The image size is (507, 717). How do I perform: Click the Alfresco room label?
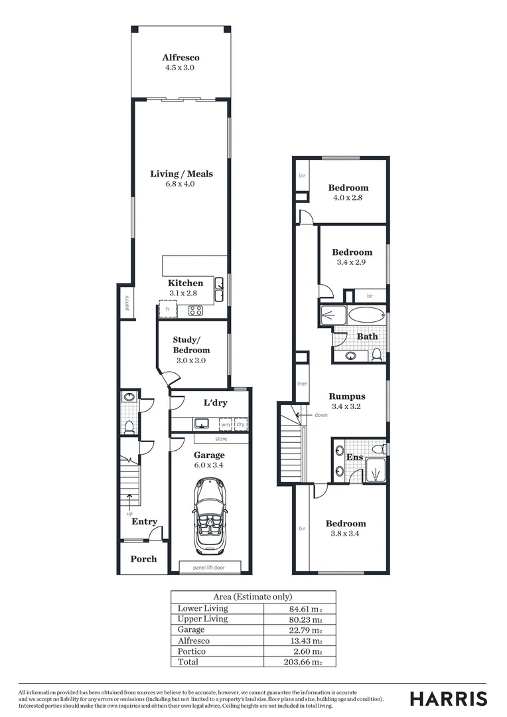(x=181, y=58)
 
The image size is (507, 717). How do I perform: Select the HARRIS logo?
(x=448, y=698)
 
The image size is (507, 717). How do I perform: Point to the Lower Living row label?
(x=202, y=608)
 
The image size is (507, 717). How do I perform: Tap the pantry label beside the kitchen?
(x=126, y=303)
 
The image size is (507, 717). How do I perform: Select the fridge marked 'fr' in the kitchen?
(x=167, y=309)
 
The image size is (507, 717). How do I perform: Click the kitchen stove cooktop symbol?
(x=196, y=310)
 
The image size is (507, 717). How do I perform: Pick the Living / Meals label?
(x=181, y=174)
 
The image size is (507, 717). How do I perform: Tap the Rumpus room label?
(x=347, y=396)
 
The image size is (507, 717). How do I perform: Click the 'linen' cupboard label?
(x=302, y=384)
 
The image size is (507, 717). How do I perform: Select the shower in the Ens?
(x=376, y=471)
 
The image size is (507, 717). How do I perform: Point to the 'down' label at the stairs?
(x=321, y=415)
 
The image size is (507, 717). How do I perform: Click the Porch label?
(x=143, y=559)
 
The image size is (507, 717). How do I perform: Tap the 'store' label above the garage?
(x=221, y=439)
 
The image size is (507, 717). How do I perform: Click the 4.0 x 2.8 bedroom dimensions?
(x=348, y=197)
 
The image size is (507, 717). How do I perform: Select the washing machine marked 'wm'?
(x=226, y=424)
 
